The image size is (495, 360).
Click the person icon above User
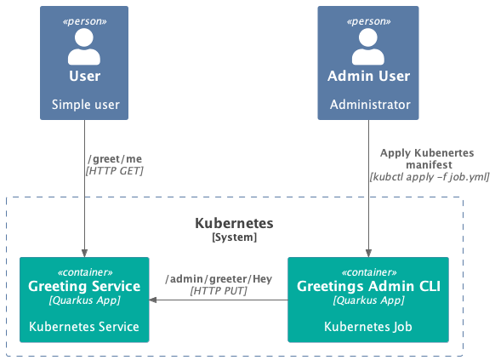pyautogui.click(x=84, y=47)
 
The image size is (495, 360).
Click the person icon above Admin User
pyautogui.click(x=368, y=47)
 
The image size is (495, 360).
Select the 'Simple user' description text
pyautogui.click(x=86, y=105)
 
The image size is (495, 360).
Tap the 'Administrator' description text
pyautogui.click(x=370, y=105)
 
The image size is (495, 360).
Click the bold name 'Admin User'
pyautogui.click(x=368, y=76)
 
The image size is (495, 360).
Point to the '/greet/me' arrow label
pyautogui.click(x=115, y=159)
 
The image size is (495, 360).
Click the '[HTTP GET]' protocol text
pyautogui.click(x=114, y=171)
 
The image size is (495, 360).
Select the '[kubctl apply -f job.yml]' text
pyautogui.click(x=430, y=177)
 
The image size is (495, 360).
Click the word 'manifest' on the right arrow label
pyautogui.click(x=429, y=164)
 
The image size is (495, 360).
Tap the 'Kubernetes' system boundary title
pyautogui.click(x=234, y=223)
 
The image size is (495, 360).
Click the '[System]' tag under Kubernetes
pyautogui.click(x=234, y=237)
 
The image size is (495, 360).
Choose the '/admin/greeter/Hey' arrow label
pyautogui.click(x=219, y=279)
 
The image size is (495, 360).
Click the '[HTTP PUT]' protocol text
pyautogui.click(x=219, y=291)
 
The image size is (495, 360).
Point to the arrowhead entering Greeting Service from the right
pyautogui.click(x=153, y=300)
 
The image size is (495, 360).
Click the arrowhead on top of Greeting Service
pyautogui.click(x=84, y=253)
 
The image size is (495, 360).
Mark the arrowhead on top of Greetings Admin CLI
pyautogui.click(x=368, y=253)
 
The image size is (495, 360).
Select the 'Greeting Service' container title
pyautogui.click(x=84, y=286)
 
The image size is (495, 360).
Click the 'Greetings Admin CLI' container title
pyautogui.click(x=368, y=286)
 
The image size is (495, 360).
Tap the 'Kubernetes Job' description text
pyautogui.click(x=368, y=327)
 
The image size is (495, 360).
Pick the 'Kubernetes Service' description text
pyautogui.click(x=84, y=327)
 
